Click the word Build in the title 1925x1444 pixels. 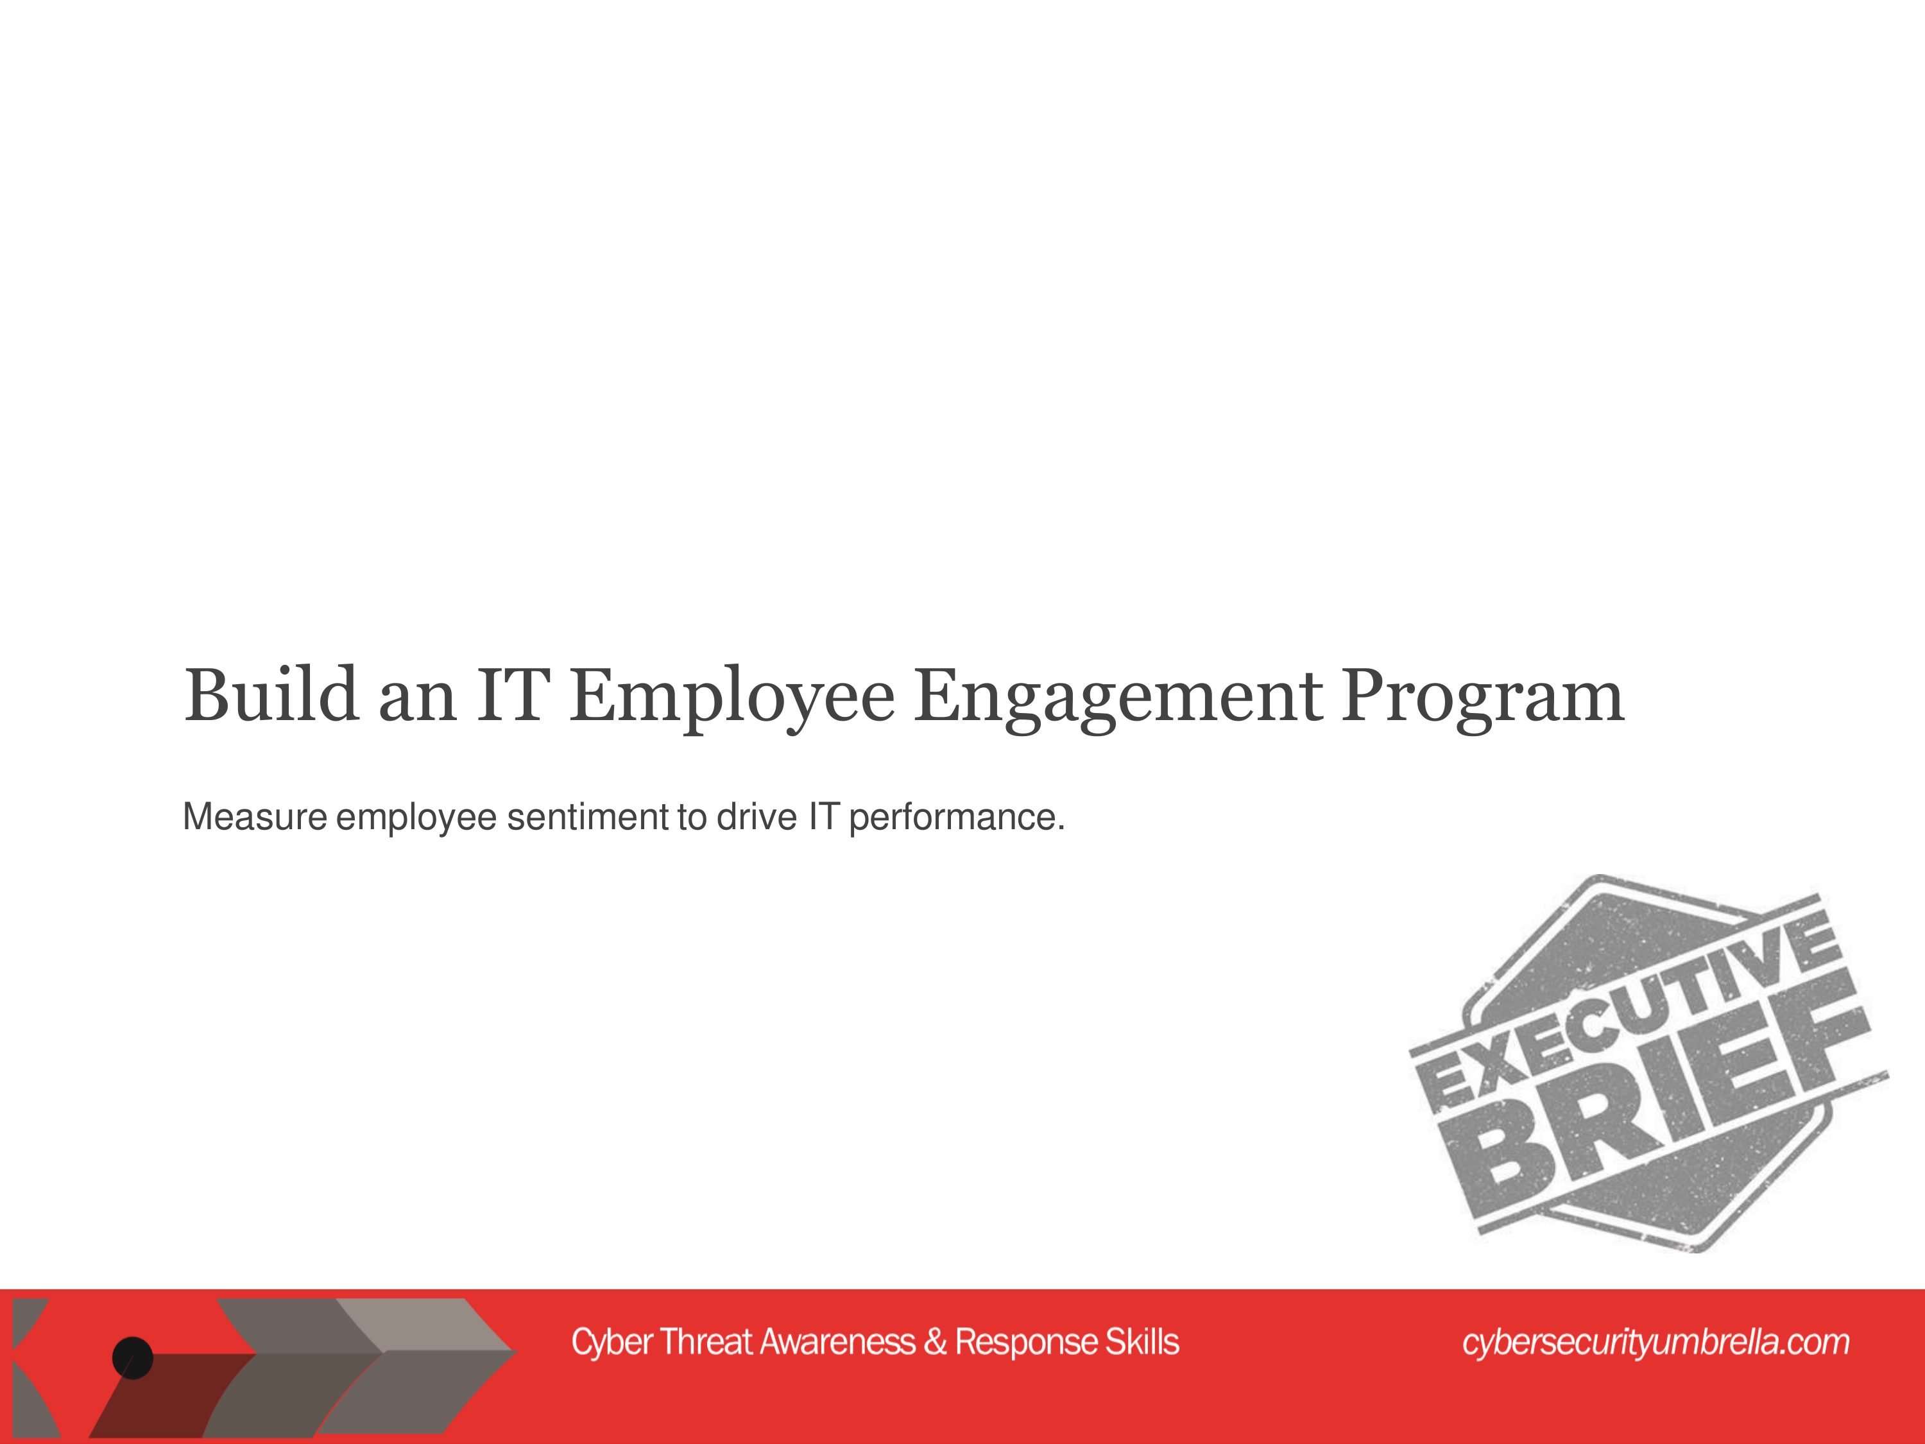[x=271, y=694]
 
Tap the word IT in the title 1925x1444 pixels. [x=513, y=694]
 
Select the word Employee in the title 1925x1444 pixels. [x=732, y=699]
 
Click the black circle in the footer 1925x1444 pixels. [x=132, y=1358]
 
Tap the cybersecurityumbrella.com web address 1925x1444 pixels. [x=1656, y=1342]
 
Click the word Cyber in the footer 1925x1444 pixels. [x=612, y=1342]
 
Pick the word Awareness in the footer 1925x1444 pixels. [x=837, y=1341]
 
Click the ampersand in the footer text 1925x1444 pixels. [x=936, y=1341]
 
